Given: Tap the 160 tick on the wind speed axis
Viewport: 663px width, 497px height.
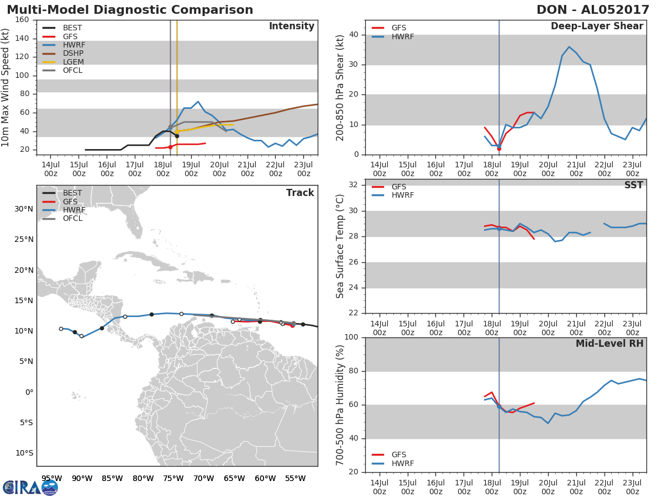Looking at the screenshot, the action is click(x=22, y=20).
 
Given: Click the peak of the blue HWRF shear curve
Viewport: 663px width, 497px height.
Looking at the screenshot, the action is click(x=569, y=47).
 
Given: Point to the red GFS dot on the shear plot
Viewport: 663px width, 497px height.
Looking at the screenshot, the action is click(x=499, y=149).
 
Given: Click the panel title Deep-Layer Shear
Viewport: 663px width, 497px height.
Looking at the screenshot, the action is click(x=597, y=27).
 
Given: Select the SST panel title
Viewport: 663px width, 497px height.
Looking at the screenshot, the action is click(x=634, y=185).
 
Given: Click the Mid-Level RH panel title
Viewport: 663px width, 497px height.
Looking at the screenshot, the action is click(x=609, y=343).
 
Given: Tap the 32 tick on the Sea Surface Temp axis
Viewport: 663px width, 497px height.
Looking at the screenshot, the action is click(x=353, y=184).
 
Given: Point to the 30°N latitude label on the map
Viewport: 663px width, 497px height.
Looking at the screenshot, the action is click(x=24, y=209).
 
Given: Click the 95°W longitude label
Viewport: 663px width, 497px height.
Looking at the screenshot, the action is click(x=51, y=479).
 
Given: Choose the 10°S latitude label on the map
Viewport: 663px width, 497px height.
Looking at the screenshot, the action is click(x=24, y=453).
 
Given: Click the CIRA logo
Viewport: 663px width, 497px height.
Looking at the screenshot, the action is click(x=30, y=488).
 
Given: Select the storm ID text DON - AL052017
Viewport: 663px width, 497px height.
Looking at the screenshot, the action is click(x=593, y=9).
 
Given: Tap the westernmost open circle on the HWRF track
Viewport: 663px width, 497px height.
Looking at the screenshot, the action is click(x=61, y=329).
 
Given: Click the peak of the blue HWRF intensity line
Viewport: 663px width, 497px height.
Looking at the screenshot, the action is click(x=198, y=102).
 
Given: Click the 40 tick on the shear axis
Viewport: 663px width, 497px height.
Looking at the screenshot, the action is click(x=354, y=35).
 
